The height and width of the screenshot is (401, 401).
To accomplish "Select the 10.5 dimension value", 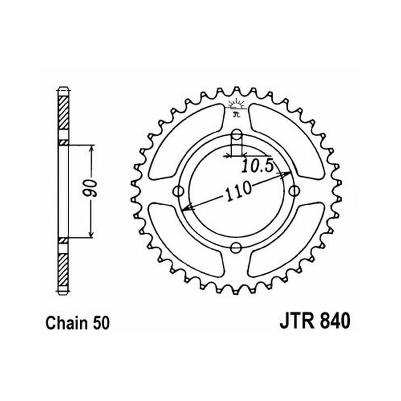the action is [257, 166].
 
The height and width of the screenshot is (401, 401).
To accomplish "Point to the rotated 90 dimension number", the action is [91, 189].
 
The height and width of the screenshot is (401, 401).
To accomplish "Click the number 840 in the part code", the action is [334, 322].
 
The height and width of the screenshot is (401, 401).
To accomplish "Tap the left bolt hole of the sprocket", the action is [178, 191].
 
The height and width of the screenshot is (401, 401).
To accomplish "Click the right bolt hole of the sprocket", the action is [294, 190].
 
